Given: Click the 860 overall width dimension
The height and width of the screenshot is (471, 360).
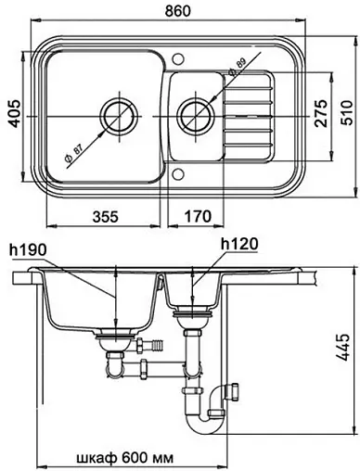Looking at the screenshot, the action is [177, 11].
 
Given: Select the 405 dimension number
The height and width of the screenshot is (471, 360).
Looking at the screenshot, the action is [14, 113].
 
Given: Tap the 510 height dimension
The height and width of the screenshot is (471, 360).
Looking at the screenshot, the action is [346, 112].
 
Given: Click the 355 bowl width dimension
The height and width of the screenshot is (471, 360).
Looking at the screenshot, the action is [106, 216].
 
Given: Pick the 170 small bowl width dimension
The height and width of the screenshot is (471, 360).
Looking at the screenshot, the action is [199, 216].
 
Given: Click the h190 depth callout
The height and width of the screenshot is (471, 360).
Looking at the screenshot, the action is [28, 249].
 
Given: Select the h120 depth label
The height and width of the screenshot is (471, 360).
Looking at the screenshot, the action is [239, 245].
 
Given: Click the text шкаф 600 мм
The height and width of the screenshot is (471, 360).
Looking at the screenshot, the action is [124, 457].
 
